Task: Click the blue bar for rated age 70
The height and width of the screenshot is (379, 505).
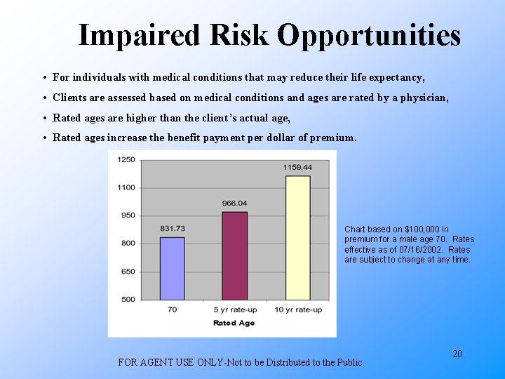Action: pyautogui.click(x=172, y=269)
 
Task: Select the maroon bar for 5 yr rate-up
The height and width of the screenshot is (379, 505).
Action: pyautogui.click(x=234, y=255)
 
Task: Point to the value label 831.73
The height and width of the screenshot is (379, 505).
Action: pyautogui.click(x=173, y=229)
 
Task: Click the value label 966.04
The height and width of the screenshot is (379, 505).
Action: pyautogui.click(x=235, y=204)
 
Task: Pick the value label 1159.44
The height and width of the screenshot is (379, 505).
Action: pyautogui.click(x=297, y=167)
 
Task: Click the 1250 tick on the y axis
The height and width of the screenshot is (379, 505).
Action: pyautogui.click(x=126, y=159)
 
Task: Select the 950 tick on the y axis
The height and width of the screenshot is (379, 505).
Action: pyautogui.click(x=128, y=215)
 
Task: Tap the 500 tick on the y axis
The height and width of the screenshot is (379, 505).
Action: pyautogui.click(x=128, y=300)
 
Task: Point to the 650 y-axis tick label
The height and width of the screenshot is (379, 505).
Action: pyautogui.click(x=128, y=272)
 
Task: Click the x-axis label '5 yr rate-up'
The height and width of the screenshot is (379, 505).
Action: pyautogui.click(x=235, y=310)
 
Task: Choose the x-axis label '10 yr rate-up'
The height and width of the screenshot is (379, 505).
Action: pyautogui.click(x=297, y=310)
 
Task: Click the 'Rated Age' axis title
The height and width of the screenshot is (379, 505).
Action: pyautogui.click(x=234, y=323)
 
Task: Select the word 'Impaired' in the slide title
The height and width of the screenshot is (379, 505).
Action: pyautogui.click(x=137, y=34)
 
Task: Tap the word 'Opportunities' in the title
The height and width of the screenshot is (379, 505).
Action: pyautogui.click(x=368, y=34)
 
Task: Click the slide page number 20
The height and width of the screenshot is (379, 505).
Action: pyautogui.click(x=457, y=354)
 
